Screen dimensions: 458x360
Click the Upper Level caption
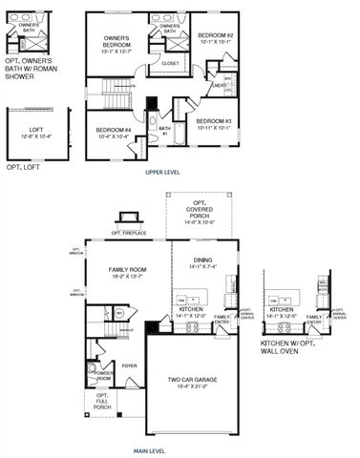pos(162,172)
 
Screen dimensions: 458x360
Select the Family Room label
pos(127,274)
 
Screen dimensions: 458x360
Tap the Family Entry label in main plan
pos(222,319)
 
